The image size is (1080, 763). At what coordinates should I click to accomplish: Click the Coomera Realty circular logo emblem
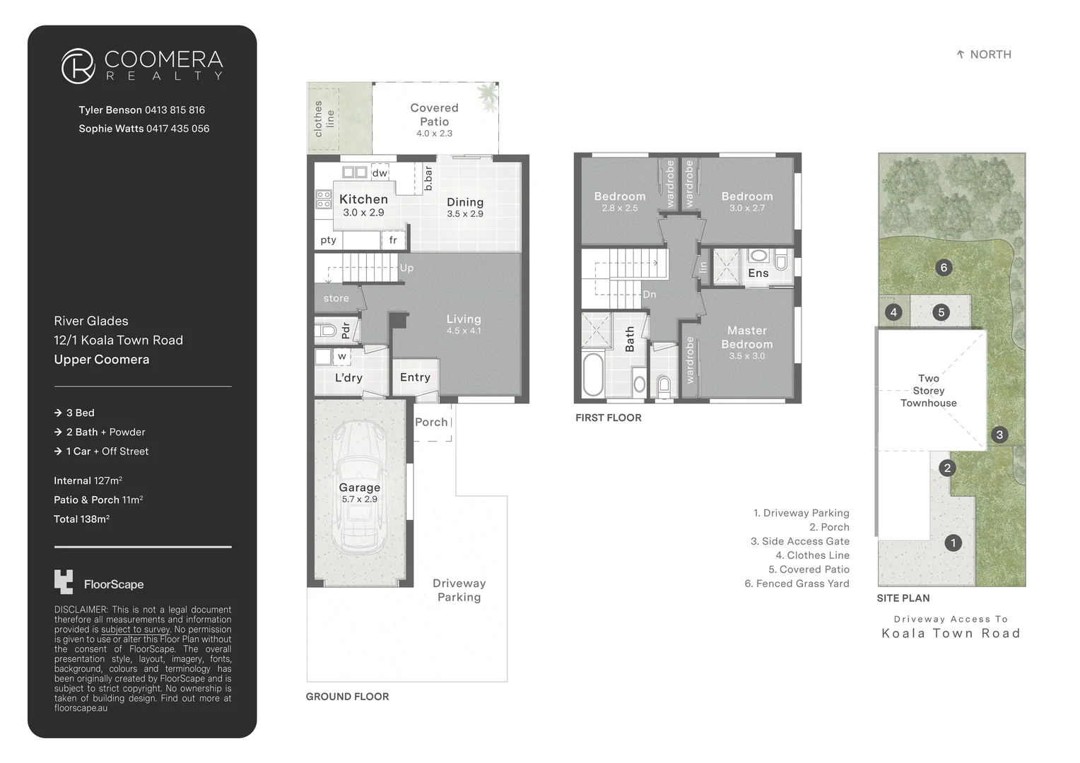pyautogui.click(x=78, y=66)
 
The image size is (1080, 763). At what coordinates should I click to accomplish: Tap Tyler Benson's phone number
pyautogui.click(x=175, y=110)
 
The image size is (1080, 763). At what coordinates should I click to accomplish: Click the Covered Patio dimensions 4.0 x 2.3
pyautogui.click(x=435, y=134)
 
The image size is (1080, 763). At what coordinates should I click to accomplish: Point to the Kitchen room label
pyautogui.click(x=363, y=199)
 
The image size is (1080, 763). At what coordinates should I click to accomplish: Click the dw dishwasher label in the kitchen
pyautogui.click(x=380, y=172)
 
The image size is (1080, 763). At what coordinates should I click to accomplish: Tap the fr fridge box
pyautogui.click(x=393, y=239)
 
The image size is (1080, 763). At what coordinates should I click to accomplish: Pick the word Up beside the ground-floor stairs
pyautogui.click(x=406, y=268)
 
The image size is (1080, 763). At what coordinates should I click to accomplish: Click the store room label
pyautogui.click(x=336, y=298)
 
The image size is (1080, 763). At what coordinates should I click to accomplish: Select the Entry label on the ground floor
pyautogui.click(x=415, y=377)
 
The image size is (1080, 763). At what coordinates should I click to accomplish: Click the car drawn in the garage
pyautogui.click(x=360, y=487)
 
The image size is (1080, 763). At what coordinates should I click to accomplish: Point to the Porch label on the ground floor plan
pyautogui.click(x=431, y=422)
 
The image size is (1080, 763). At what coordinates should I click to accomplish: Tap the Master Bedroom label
pyautogui.click(x=747, y=338)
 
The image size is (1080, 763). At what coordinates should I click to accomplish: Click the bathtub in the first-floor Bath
pyautogui.click(x=593, y=374)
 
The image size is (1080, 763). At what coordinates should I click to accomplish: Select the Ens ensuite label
pyautogui.click(x=758, y=273)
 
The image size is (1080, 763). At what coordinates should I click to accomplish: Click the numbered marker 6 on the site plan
pyautogui.click(x=944, y=268)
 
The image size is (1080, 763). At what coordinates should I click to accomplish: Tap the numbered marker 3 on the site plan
pyautogui.click(x=999, y=434)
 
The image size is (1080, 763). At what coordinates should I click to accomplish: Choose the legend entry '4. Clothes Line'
pyautogui.click(x=812, y=555)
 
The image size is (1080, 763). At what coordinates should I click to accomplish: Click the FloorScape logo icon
pyautogui.click(x=64, y=581)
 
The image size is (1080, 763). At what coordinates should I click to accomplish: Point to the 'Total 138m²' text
pyautogui.click(x=82, y=519)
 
